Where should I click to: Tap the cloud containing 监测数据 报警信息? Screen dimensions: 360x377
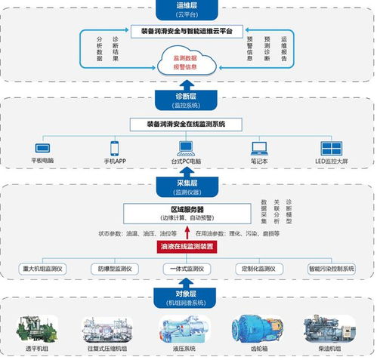(187, 60)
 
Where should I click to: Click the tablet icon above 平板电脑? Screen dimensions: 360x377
(42, 148)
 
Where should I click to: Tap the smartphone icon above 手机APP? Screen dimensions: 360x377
(116, 148)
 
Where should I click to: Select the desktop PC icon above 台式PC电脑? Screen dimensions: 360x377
(186, 147)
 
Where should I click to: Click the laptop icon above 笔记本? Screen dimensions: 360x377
(259, 148)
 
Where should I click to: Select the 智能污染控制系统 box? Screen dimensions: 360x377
(330, 268)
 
